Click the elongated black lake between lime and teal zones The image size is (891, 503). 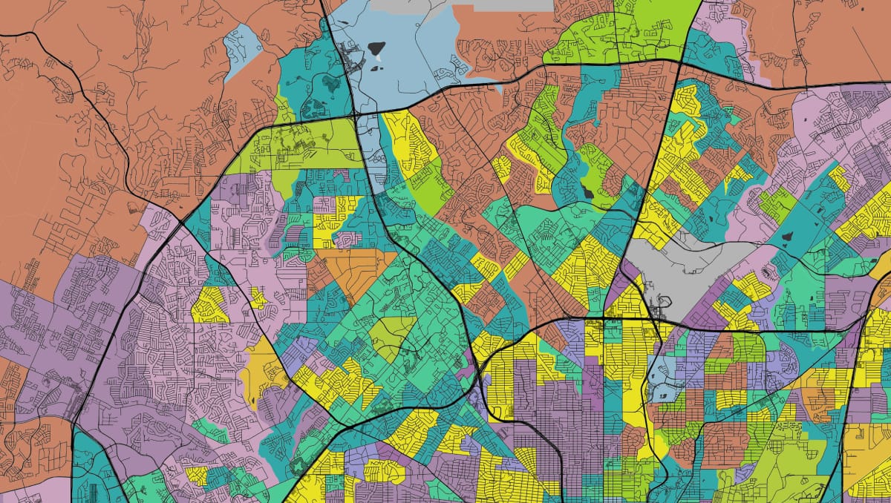point(589,192)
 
